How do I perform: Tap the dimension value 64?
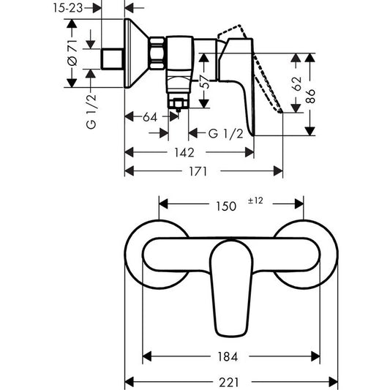click(151, 115)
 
